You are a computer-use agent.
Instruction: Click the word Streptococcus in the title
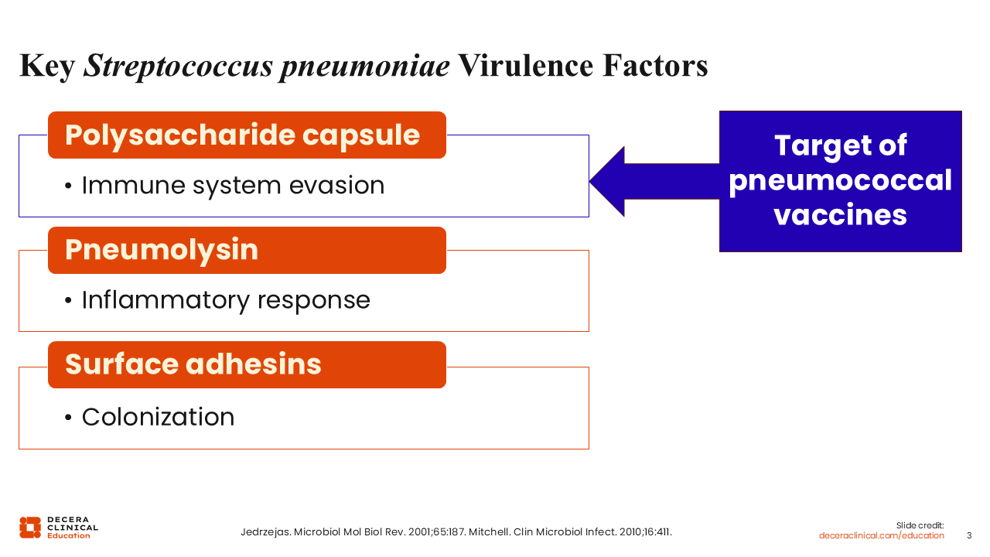(x=178, y=66)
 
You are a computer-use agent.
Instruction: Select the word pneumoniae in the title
(x=365, y=67)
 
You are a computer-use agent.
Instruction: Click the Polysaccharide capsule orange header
(x=247, y=135)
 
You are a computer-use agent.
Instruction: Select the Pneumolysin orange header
(x=247, y=250)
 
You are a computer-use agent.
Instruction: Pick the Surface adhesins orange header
(x=247, y=364)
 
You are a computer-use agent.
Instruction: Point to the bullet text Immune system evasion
(x=233, y=186)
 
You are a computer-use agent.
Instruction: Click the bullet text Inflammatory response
(x=226, y=301)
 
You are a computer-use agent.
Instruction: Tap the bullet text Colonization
(x=159, y=417)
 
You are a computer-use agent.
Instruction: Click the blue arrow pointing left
(x=654, y=182)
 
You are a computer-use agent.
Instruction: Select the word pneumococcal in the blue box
(x=840, y=181)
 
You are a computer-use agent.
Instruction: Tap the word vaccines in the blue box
(x=840, y=215)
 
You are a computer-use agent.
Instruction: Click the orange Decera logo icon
(x=30, y=528)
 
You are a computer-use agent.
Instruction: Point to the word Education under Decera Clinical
(x=69, y=536)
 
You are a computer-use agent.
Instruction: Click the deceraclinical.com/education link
(x=881, y=536)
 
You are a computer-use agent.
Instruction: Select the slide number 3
(x=969, y=536)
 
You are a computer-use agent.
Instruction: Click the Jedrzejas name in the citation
(x=265, y=532)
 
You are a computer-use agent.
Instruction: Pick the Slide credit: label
(x=920, y=525)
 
